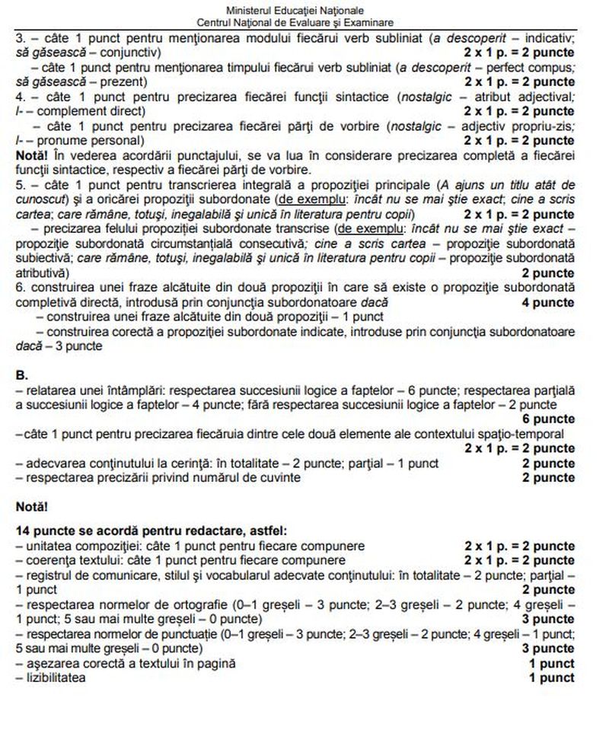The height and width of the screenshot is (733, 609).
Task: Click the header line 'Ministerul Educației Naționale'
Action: [305, 11]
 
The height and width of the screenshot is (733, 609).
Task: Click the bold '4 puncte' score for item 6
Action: [548, 303]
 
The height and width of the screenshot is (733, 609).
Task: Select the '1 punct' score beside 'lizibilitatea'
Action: [551, 678]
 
